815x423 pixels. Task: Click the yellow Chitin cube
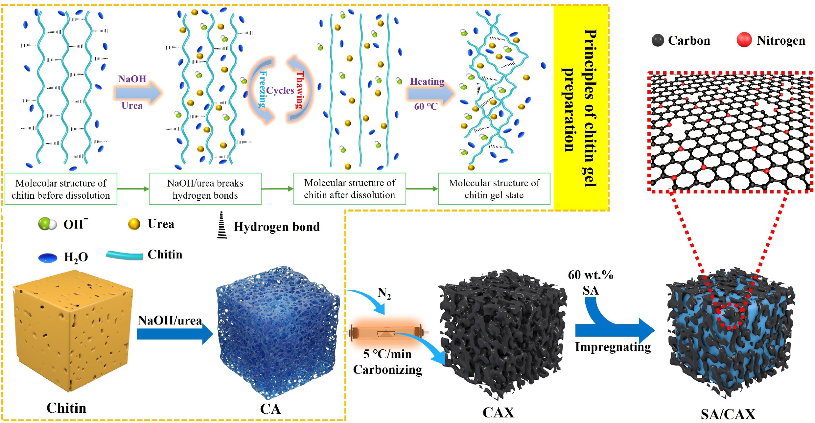72,332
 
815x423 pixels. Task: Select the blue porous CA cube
278,332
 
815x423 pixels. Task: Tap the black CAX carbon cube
501,335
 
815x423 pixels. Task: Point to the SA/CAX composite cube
730,338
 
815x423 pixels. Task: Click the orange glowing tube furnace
386,334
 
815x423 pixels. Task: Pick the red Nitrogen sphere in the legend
744,40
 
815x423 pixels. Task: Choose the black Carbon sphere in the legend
658,40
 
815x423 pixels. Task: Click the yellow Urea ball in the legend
134,224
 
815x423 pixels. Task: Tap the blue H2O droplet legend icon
48,258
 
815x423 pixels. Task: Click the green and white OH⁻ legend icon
47,224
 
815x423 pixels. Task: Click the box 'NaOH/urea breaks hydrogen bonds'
205,189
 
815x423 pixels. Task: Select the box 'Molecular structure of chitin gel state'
494,189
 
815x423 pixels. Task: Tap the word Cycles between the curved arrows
280,90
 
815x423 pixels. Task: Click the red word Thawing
300,89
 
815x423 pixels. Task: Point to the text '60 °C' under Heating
426,106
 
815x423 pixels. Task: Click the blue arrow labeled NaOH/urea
174,334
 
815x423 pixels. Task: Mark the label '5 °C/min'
387,354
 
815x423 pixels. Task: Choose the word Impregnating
613,347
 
